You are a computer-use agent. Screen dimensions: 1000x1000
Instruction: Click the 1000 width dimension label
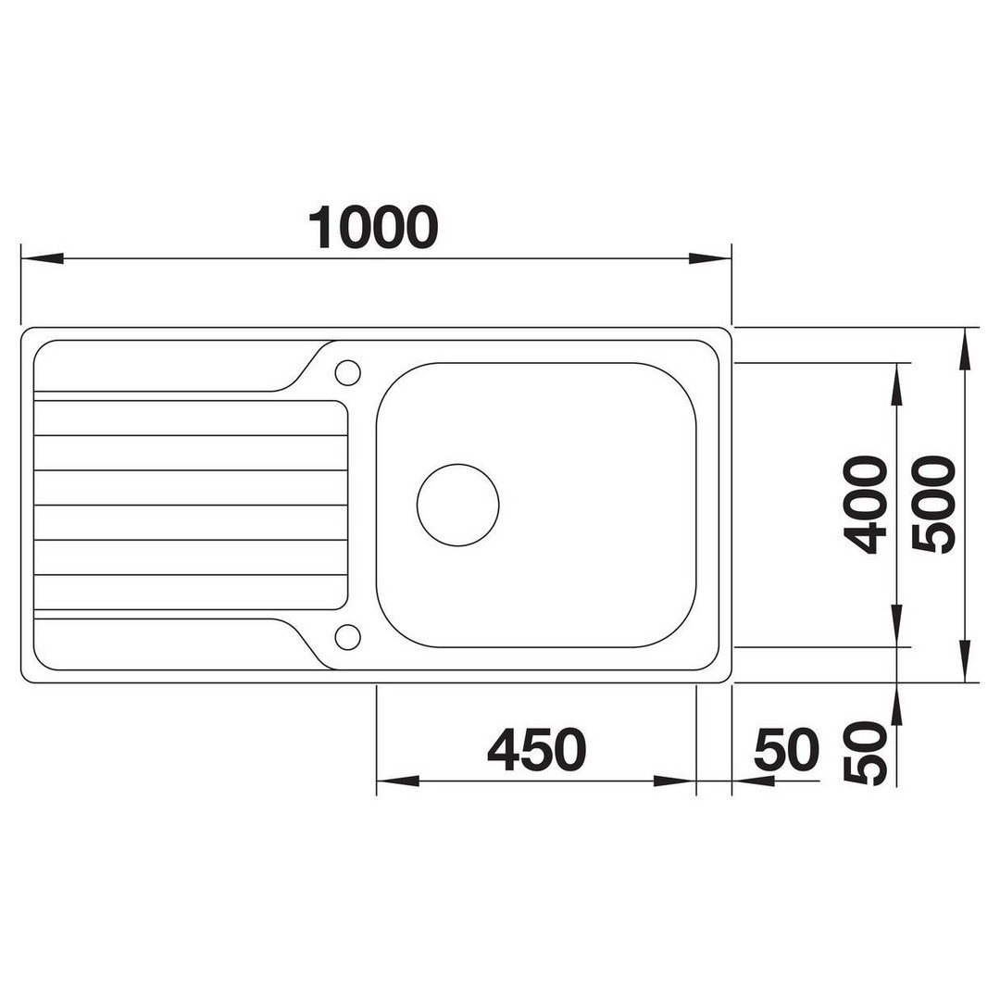[373, 227]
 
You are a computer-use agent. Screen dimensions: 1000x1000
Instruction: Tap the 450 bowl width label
[536, 749]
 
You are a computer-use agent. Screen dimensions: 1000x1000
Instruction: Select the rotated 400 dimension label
[865, 504]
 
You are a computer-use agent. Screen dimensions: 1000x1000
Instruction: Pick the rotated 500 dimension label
[933, 504]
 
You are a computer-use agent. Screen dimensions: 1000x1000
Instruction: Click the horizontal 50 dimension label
[786, 749]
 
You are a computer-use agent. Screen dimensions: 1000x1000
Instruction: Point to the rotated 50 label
[865, 753]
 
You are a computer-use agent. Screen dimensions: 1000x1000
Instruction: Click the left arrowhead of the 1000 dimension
[42, 258]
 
